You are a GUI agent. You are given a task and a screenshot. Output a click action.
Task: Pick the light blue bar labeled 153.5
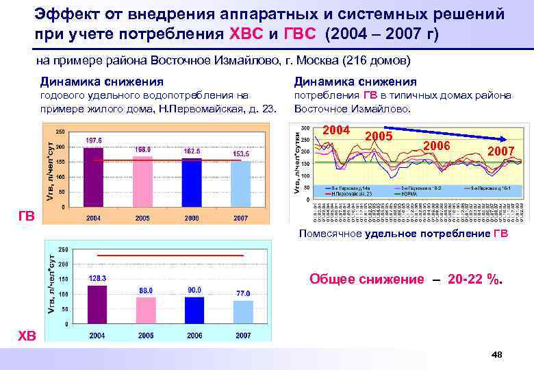click(x=241, y=184)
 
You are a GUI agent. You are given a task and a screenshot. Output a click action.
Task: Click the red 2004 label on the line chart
click(x=336, y=130)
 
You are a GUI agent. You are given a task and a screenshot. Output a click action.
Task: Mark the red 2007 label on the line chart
click(x=500, y=150)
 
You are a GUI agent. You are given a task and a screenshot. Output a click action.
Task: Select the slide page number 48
click(x=497, y=354)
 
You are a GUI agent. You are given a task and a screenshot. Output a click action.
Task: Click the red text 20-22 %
click(x=474, y=279)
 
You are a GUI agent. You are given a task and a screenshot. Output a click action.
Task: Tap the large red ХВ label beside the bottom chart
click(x=27, y=334)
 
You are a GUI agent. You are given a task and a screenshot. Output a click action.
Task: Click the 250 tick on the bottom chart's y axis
click(x=62, y=249)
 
